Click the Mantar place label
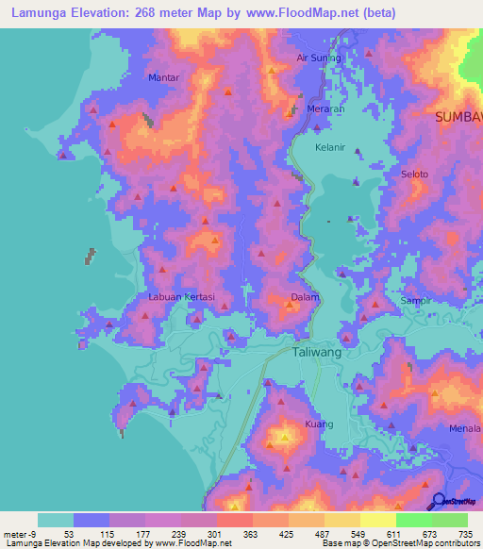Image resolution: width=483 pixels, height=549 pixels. point(164,77)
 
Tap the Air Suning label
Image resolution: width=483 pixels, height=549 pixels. point(318,58)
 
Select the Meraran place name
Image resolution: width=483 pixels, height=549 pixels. point(325,108)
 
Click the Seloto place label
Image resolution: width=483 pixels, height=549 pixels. point(415,175)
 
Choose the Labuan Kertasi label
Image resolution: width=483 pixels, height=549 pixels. point(182,297)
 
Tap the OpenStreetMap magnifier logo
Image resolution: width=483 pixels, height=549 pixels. point(438,502)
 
